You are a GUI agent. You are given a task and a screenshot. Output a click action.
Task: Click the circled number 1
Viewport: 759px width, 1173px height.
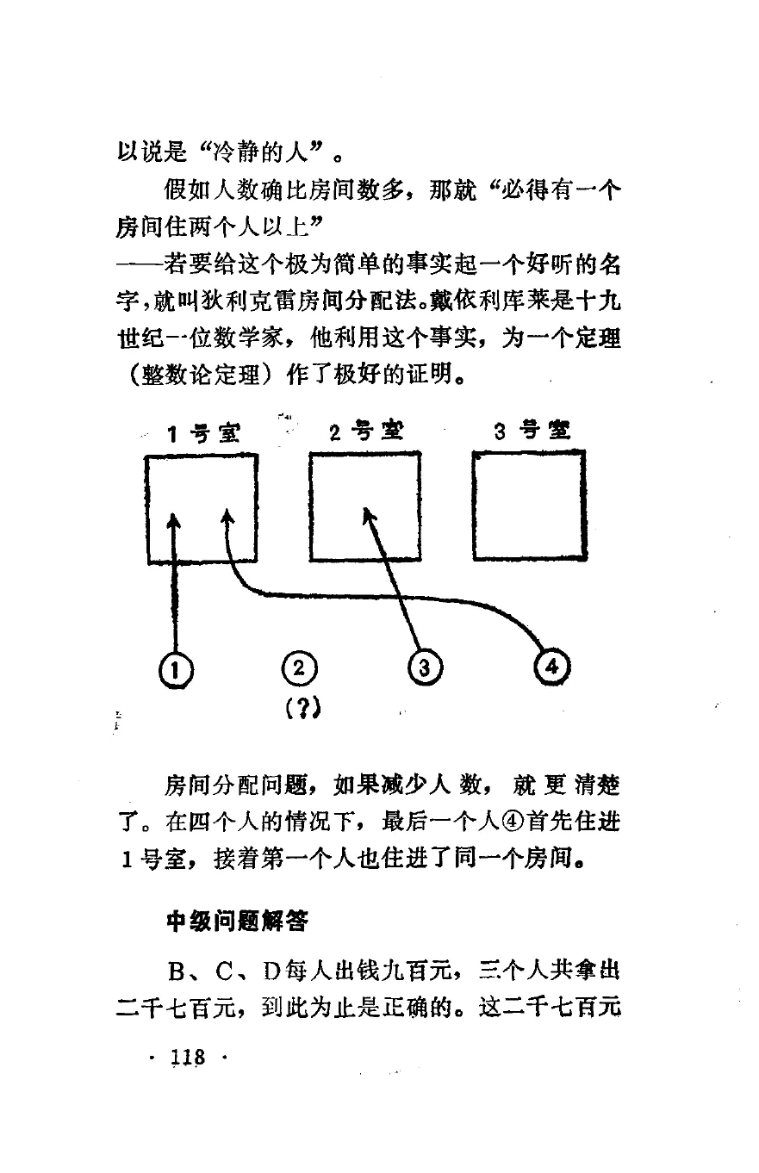[175, 667]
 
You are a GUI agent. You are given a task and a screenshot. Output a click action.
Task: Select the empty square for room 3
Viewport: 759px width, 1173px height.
[530, 506]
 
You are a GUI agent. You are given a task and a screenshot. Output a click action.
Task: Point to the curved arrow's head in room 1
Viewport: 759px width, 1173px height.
[227, 516]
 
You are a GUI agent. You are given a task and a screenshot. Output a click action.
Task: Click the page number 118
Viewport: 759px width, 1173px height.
[187, 1057]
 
